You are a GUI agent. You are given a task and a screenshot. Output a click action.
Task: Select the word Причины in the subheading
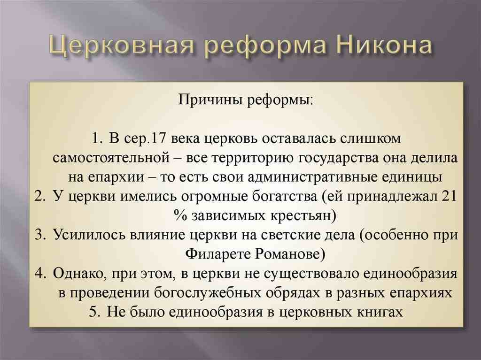[x=211, y=100]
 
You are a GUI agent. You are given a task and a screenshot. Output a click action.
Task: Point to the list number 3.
[x=40, y=234]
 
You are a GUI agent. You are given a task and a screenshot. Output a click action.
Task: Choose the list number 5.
[x=95, y=312]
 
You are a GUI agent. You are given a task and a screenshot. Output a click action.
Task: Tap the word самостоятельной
[x=111, y=158]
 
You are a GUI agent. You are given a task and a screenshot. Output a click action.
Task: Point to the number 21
[x=450, y=196]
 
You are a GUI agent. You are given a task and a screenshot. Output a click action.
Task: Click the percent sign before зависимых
[x=180, y=215]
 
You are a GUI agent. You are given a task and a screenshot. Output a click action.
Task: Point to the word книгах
[x=380, y=312]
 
